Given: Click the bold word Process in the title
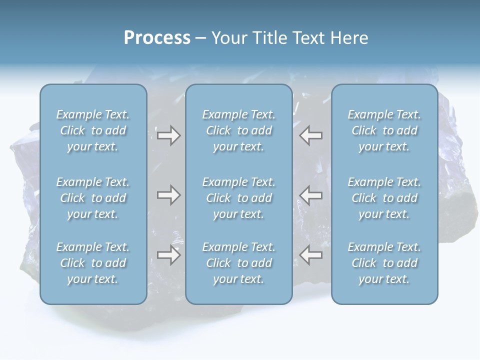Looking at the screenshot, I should click(x=157, y=38).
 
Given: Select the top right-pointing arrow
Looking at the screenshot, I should click(x=168, y=135).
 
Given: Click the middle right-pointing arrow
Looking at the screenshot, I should click(x=168, y=195).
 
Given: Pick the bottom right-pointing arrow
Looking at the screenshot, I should click(x=168, y=255).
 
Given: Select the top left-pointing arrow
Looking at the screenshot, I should click(x=311, y=135).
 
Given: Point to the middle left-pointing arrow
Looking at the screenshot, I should click(x=311, y=195).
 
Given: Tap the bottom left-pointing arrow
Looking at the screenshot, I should click(x=311, y=255).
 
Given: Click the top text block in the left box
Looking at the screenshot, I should click(x=93, y=130).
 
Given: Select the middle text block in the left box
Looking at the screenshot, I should click(x=93, y=198).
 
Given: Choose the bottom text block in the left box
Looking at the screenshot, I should click(x=93, y=263).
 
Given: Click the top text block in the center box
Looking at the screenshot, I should click(x=238, y=130).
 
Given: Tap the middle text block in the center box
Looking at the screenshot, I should click(x=238, y=198).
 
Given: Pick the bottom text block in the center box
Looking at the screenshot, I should click(x=238, y=263).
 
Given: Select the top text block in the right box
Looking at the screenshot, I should click(x=384, y=130).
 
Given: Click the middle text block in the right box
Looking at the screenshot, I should click(x=384, y=198).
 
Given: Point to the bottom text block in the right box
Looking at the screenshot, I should click(x=384, y=263).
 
